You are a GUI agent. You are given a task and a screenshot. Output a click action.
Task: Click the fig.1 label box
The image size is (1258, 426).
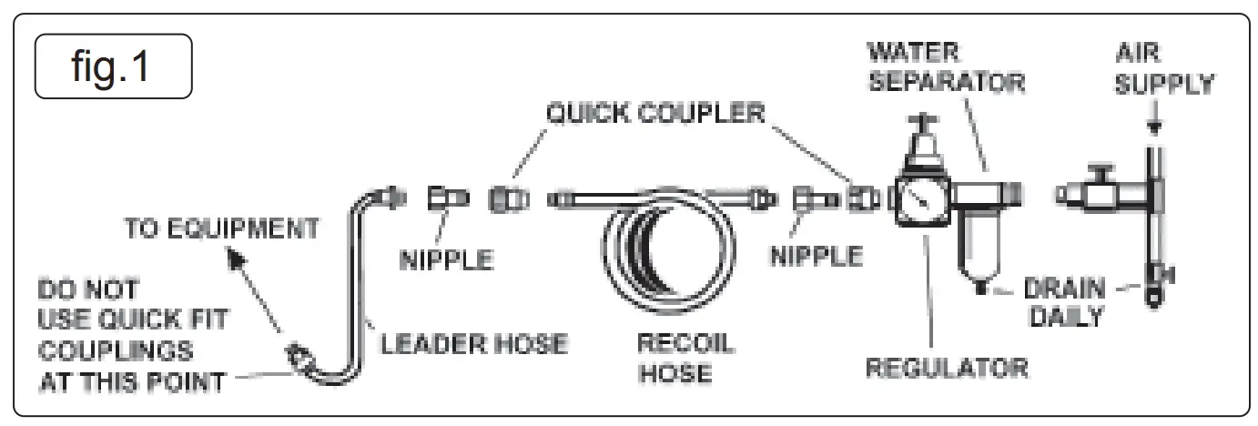pyautogui.click(x=113, y=66)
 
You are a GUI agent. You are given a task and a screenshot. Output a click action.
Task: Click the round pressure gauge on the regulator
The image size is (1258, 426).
pyautogui.click(x=920, y=198)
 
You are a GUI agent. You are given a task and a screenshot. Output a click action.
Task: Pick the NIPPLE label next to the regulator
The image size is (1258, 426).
pyautogui.click(x=816, y=257)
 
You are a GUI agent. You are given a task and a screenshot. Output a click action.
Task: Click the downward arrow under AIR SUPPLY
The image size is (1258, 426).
pyautogui.click(x=1152, y=127)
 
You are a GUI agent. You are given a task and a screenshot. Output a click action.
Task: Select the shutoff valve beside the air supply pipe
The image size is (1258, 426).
pyautogui.click(x=1097, y=192)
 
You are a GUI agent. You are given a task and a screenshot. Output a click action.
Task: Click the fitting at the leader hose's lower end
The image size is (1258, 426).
pyautogui.click(x=299, y=355)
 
